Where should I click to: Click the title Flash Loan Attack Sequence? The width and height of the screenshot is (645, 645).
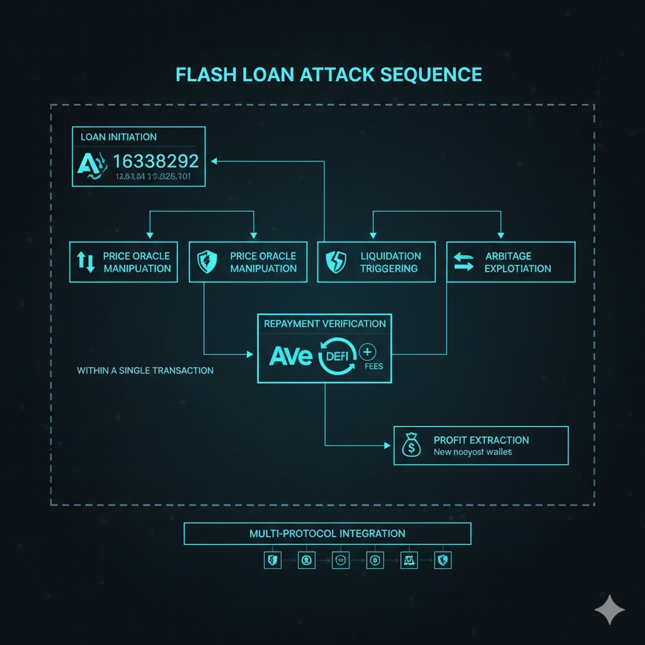328,74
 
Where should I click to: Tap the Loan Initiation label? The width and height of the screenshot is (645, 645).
118,137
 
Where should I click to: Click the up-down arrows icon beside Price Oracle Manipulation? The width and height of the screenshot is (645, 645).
86,262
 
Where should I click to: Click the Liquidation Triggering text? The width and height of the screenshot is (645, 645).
390,262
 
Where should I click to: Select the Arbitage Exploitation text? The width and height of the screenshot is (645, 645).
518,262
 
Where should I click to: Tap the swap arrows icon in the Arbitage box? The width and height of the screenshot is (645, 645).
464,262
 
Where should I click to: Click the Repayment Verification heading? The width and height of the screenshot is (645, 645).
324,324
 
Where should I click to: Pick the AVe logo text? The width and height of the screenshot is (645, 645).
290,356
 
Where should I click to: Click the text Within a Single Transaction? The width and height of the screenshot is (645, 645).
145,370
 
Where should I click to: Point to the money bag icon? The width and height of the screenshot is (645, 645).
411,446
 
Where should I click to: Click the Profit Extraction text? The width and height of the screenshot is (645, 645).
481,440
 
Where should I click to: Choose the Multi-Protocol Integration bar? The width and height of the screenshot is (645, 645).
327,534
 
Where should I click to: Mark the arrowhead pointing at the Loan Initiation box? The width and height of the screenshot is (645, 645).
214,161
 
